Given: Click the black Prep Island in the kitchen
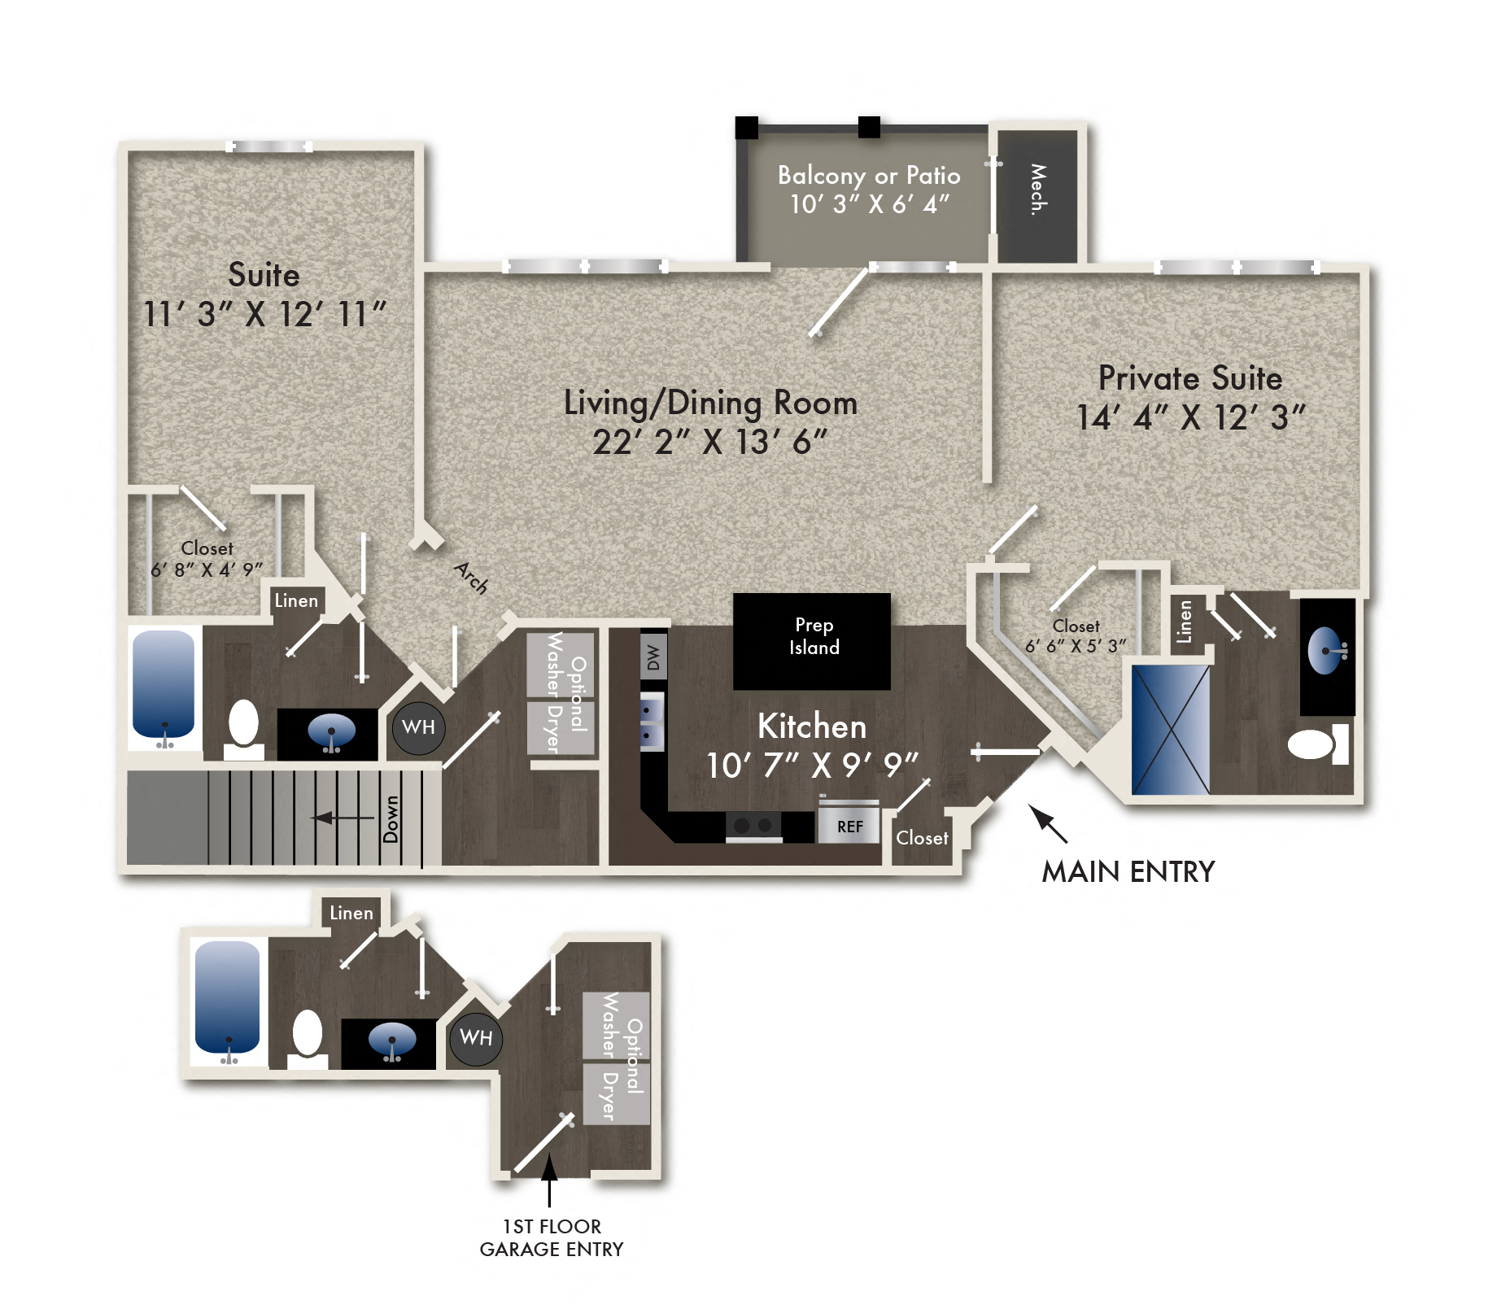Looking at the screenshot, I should [x=811, y=640].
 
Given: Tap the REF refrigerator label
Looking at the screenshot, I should [x=849, y=827].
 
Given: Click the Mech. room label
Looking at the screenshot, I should [x=1037, y=190].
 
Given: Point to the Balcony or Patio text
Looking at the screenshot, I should [x=868, y=176].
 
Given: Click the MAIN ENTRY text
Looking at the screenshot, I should [x=1128, y=871].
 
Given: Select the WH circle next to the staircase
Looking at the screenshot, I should [x=418, y=727].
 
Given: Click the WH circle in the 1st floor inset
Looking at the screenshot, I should [x=476, y=1038].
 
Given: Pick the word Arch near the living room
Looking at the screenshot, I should [x=471, y=577].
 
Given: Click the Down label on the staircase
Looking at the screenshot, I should [x=391, y=818].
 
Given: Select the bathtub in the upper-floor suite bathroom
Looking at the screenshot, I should [x=164, y=686].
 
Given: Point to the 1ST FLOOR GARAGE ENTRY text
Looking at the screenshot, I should [x=551, y=1237].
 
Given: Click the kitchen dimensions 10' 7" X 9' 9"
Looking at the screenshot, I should [x=811, y=766].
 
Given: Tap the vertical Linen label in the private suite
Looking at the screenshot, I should [x=1185, y=622].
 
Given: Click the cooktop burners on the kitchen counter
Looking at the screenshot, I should [x=753, y=825].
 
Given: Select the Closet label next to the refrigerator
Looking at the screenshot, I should [x=921, y=838].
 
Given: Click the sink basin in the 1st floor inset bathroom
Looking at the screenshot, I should [x=391, y=1040].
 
